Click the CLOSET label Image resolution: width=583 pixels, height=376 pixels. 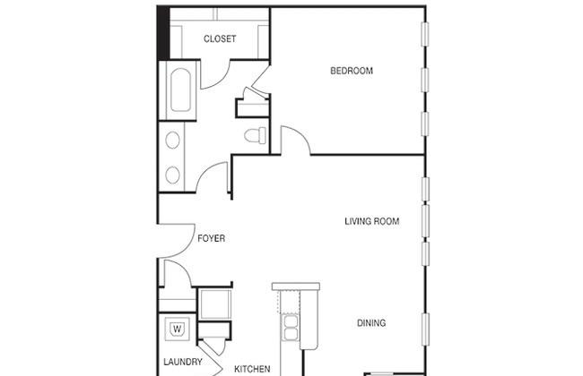(x=220, y=38)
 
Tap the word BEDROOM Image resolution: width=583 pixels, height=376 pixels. (x=352, y=71)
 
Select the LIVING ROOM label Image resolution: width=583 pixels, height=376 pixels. (x=372, y=221)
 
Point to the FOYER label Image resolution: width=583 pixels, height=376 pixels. (x=211, y=238)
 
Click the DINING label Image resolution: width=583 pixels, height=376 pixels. (x=371, y=323)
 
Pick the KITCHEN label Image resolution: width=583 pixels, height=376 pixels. (x=252, y=369)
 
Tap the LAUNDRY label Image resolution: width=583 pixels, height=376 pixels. (x=183, y=362)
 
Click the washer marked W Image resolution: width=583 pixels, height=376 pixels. (x=178, y=329)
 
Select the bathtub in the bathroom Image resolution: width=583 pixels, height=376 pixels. (x=180, y=90)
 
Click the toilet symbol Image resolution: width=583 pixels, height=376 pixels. (x=256, y=135)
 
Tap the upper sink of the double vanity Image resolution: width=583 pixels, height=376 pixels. (x=172, y=140)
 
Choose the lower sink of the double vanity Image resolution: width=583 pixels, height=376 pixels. (x=172, y=175)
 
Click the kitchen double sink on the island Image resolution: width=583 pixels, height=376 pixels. (x=291, y=328)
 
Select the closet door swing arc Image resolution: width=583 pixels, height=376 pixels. (x=222, y=81)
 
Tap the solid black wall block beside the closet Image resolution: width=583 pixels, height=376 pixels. (x=163, y=32)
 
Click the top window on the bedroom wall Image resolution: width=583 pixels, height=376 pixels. (x=424, y=35)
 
